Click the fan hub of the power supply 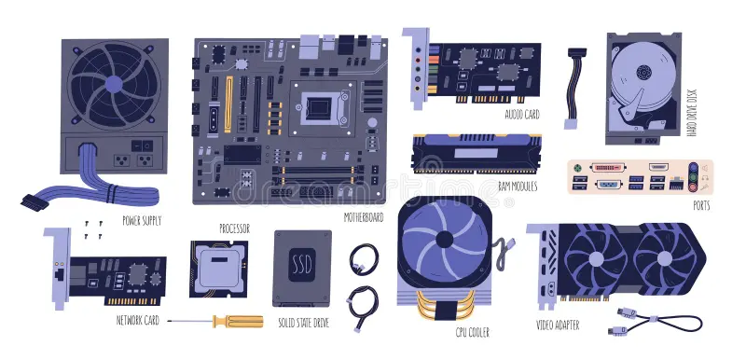click(x=114, y=83)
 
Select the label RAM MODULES click(x=518, y=186)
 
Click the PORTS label click(x=701, y=205)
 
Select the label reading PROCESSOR click(x=233, y=228)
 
